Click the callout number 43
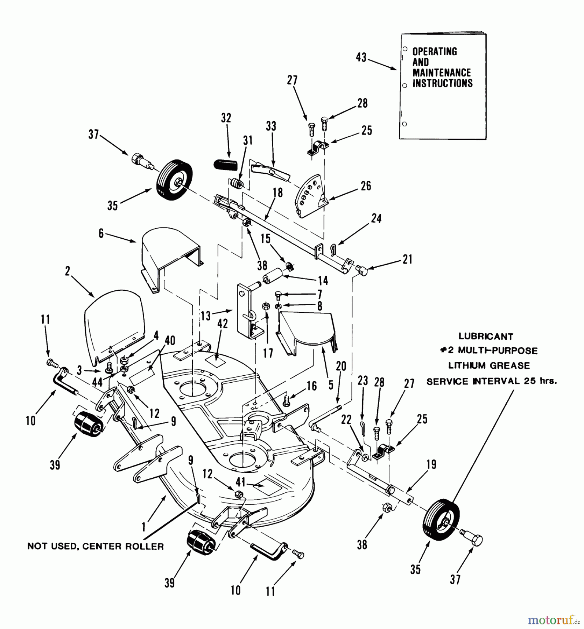pos(361,57)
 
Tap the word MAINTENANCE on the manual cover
pos(442,73)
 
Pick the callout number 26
pos(366,186)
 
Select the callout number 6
pos(101,233)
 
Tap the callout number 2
pos(68,271)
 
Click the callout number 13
pos(206,316)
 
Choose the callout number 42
pos(223,324)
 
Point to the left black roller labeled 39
pos(88,424)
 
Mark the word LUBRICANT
pos(486,337)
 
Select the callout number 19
pos(431,465)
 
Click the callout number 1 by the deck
pos(144,527)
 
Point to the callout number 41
pos(240,483)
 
